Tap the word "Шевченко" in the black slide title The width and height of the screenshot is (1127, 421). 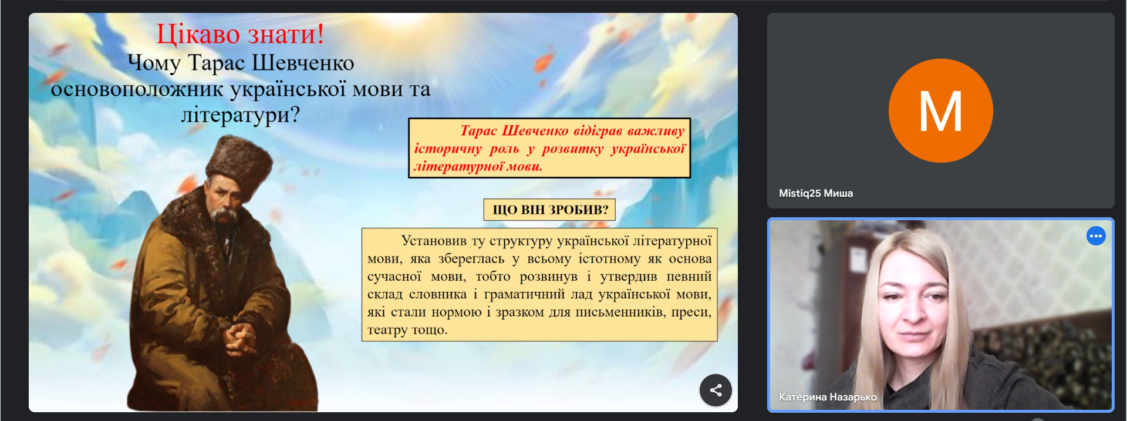[303, 63]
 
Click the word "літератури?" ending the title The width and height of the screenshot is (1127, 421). [240, 114]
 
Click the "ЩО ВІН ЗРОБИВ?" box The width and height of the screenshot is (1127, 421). [549, 210]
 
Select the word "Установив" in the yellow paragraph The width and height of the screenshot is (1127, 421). [434, 241]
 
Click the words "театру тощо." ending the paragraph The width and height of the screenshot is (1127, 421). [407, 330]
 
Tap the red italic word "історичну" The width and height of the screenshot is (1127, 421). [448, 149]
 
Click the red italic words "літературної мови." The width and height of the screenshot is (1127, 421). [478, 167]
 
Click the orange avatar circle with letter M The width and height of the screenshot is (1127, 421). [940, 110]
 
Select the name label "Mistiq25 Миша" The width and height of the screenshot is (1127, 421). [815, 193]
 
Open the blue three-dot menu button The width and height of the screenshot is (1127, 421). [1096, 236]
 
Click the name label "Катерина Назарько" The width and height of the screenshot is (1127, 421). [828, 397]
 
